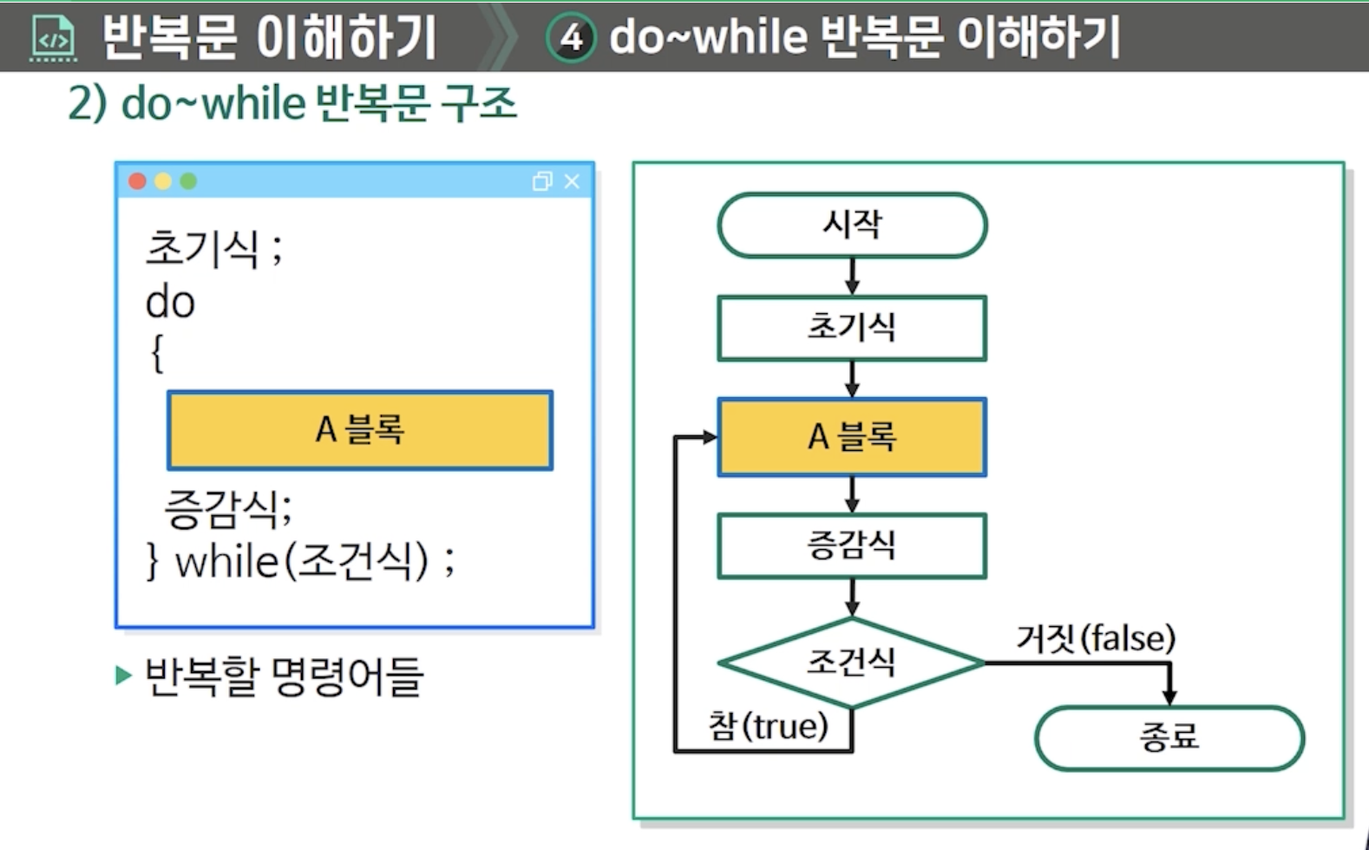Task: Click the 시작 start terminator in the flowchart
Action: coord(852,226)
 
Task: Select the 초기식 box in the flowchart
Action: coord(852,328)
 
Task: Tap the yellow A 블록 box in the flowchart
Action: coord(852,437)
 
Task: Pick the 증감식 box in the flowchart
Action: coord(852,546)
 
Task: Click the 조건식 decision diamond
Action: coord(852,663)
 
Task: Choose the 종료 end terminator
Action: coord(1169,738)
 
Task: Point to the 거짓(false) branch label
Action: coord(1096,638)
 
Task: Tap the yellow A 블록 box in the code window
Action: coord(360,430)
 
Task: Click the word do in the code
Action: coord(170,303)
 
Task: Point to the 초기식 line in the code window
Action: coord(203,248)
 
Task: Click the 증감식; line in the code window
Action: coord(228,508)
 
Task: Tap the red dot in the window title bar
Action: coord(137,181)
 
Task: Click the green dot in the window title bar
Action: coord(188,181)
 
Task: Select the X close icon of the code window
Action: coord(572,181)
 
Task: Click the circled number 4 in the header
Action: coord(571,37)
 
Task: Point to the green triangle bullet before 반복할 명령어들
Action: coord(123,676)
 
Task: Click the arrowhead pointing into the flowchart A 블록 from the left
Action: coord(710,437)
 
